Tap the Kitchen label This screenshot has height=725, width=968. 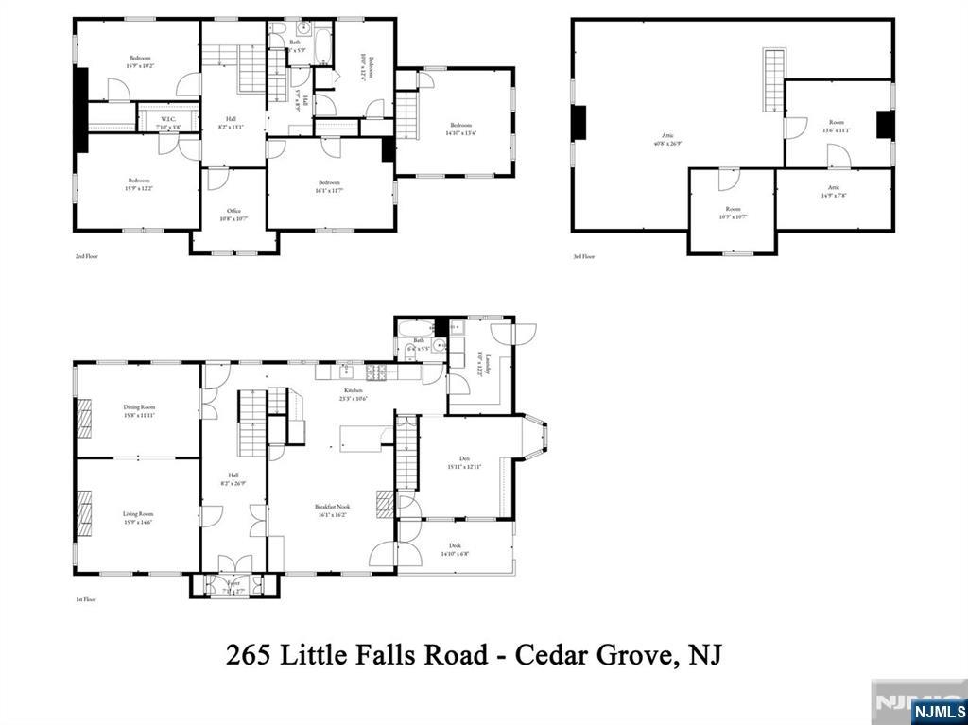[354, 393]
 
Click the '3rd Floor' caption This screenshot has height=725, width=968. [583, 256]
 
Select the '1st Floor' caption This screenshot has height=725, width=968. [86, 599]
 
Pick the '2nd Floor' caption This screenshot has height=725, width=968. [86, 256]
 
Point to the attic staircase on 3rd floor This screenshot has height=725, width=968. [775, 79]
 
